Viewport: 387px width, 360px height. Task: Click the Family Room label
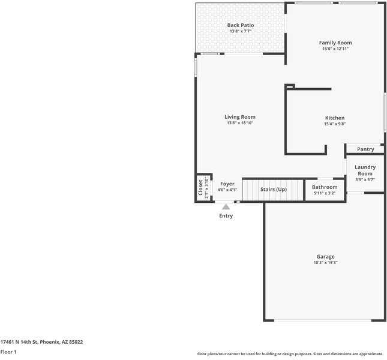point(335,43)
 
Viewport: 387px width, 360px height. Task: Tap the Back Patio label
point(240,25)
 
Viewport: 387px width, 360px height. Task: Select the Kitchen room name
point(334,118)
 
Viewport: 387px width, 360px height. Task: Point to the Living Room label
point(240,117)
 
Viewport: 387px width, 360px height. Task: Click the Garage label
point(326,257)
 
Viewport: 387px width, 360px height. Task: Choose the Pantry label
point(365,149)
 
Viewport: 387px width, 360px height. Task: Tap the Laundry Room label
point(365,170)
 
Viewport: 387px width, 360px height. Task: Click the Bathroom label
point(325,187)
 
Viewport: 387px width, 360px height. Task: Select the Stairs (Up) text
point(273,190)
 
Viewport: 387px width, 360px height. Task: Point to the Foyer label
point(227,184)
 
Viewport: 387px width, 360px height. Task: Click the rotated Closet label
point(201,188)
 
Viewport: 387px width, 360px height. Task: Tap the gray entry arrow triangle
point(226,206)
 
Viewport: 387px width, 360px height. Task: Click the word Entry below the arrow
point(226,216)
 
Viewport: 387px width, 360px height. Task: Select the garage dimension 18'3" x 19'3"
point(326,263)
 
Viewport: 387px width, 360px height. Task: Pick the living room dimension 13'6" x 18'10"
point(240,123)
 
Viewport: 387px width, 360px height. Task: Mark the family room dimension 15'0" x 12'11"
point(335,49)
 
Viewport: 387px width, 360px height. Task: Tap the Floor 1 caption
point(8,352)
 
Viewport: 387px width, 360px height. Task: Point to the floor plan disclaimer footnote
point(290,354)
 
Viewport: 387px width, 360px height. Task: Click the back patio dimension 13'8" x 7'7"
point(240,31)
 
